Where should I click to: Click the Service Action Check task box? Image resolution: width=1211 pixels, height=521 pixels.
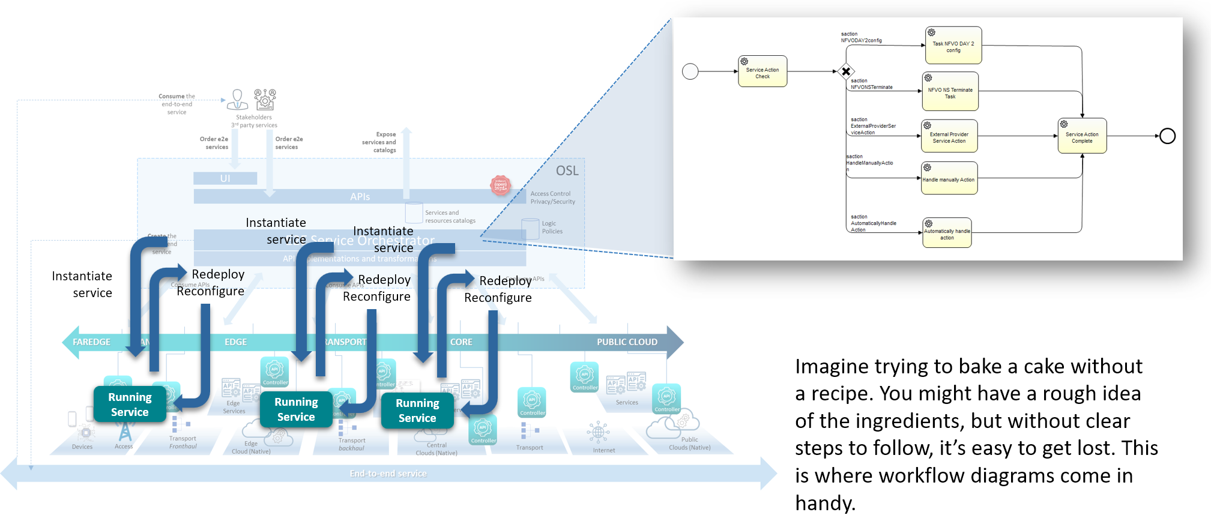pos(762,71)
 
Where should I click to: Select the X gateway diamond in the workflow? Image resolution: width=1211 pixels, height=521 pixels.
pos(846,71)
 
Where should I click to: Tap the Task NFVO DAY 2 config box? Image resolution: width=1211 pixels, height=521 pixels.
pos(953,46)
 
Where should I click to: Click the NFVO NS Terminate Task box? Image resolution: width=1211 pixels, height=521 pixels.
pos(949,91)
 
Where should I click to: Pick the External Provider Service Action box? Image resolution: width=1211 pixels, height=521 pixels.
pos(949,136)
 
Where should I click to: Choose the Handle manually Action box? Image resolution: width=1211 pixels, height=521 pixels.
pos(949,178)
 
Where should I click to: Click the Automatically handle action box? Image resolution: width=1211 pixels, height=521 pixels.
pos(947,233)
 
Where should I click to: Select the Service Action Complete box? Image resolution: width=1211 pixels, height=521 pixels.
pos(1081,136)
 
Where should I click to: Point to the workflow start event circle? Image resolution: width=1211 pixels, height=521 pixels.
pos(690,71)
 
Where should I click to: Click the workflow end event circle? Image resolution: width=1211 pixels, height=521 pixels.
pos(1167,136)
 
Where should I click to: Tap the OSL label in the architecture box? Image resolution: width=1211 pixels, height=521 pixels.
pos(567,171)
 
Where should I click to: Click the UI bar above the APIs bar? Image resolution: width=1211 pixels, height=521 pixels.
pos(225,178)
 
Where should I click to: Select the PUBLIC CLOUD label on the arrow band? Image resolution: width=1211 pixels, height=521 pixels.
pos(627,342)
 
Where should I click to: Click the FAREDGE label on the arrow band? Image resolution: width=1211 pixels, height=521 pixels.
pos(91,342)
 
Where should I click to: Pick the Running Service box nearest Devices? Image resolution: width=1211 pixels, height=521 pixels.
pos(130,405)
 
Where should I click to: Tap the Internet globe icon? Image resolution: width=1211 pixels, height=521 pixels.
pos(598,432)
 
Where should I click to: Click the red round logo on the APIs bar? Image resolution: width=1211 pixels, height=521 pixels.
pos(501,185)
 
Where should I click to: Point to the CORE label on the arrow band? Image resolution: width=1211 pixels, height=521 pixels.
pos(461,342)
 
